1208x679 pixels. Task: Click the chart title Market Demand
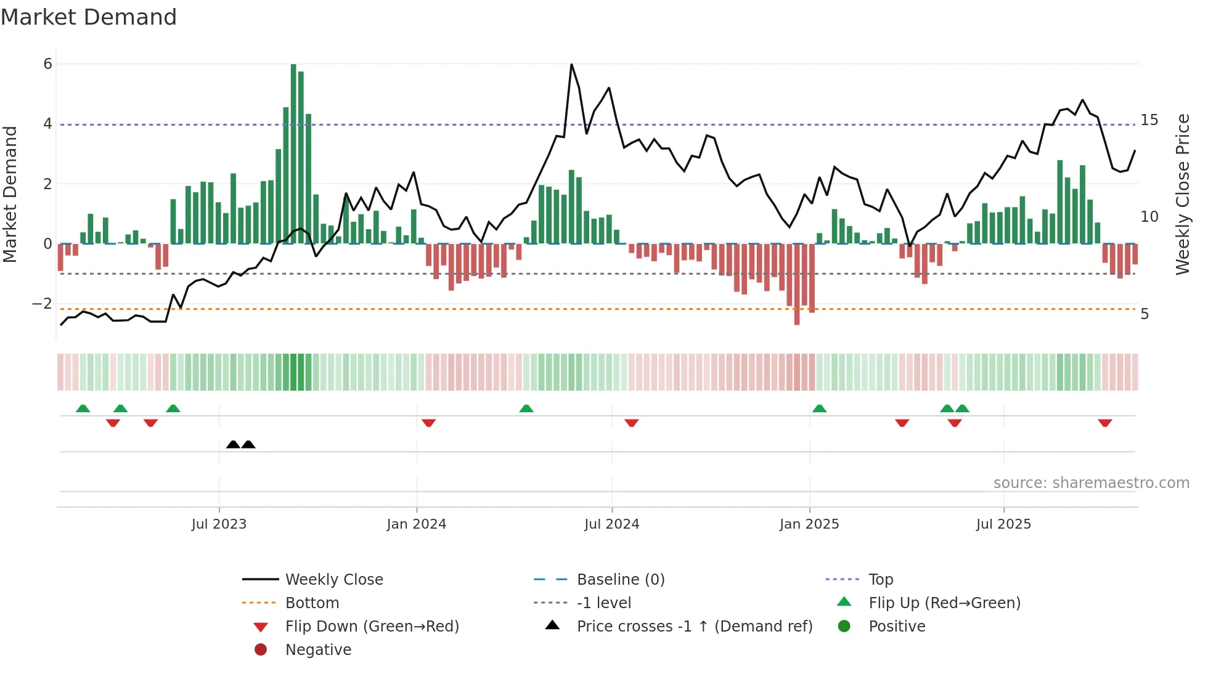tap(89, 17)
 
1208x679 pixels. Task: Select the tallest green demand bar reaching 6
tap(293, 154)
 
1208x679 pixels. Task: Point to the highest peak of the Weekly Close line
tap(571, 65)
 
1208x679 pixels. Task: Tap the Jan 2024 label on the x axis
tap(416, 524)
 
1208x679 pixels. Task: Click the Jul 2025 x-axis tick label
tap(1003, 524)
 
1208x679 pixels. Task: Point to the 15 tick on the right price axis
tap(1149, 120)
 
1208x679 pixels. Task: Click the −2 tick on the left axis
tap(42, 304)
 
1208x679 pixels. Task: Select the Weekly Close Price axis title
tap(1182, 194)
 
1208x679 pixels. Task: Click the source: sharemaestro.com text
tap(1091, 482)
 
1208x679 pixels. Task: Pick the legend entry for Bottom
tap(312, 603)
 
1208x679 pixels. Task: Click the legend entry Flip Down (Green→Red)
tap(372, 626)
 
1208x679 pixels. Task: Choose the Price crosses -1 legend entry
tap(694, 626)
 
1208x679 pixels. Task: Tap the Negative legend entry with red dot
tap(318, 649)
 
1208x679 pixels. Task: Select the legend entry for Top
tap(880, 579)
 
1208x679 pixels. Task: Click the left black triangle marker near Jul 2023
tap(233, 444)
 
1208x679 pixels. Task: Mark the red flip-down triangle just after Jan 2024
tap(429, 423)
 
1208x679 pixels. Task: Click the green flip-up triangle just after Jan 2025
tap(819, 409)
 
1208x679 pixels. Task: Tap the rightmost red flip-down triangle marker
tap(1104, 423)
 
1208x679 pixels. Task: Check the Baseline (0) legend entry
tap(620, 579)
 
